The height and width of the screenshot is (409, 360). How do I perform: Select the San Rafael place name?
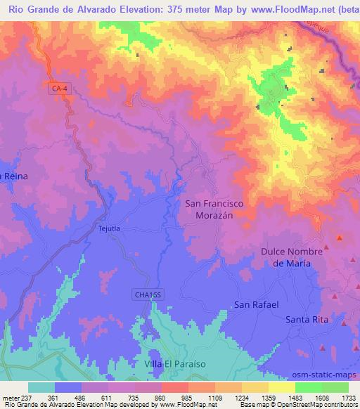click(x=256, y=305)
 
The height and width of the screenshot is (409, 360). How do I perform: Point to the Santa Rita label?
click(x=307, y=320)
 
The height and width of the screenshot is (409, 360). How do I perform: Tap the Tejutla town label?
click(x=110, y=229)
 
